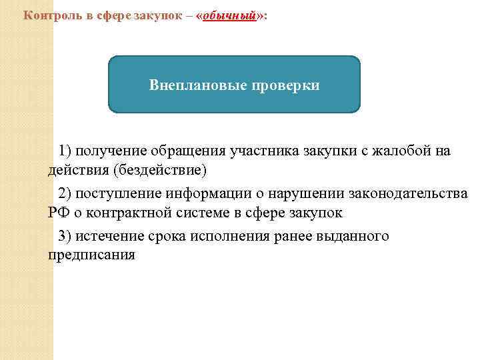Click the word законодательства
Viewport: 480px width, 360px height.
[407, 194]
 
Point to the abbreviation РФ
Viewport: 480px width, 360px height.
[57, 213]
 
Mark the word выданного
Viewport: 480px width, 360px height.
[354, 237]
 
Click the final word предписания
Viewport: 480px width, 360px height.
[91, 255]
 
